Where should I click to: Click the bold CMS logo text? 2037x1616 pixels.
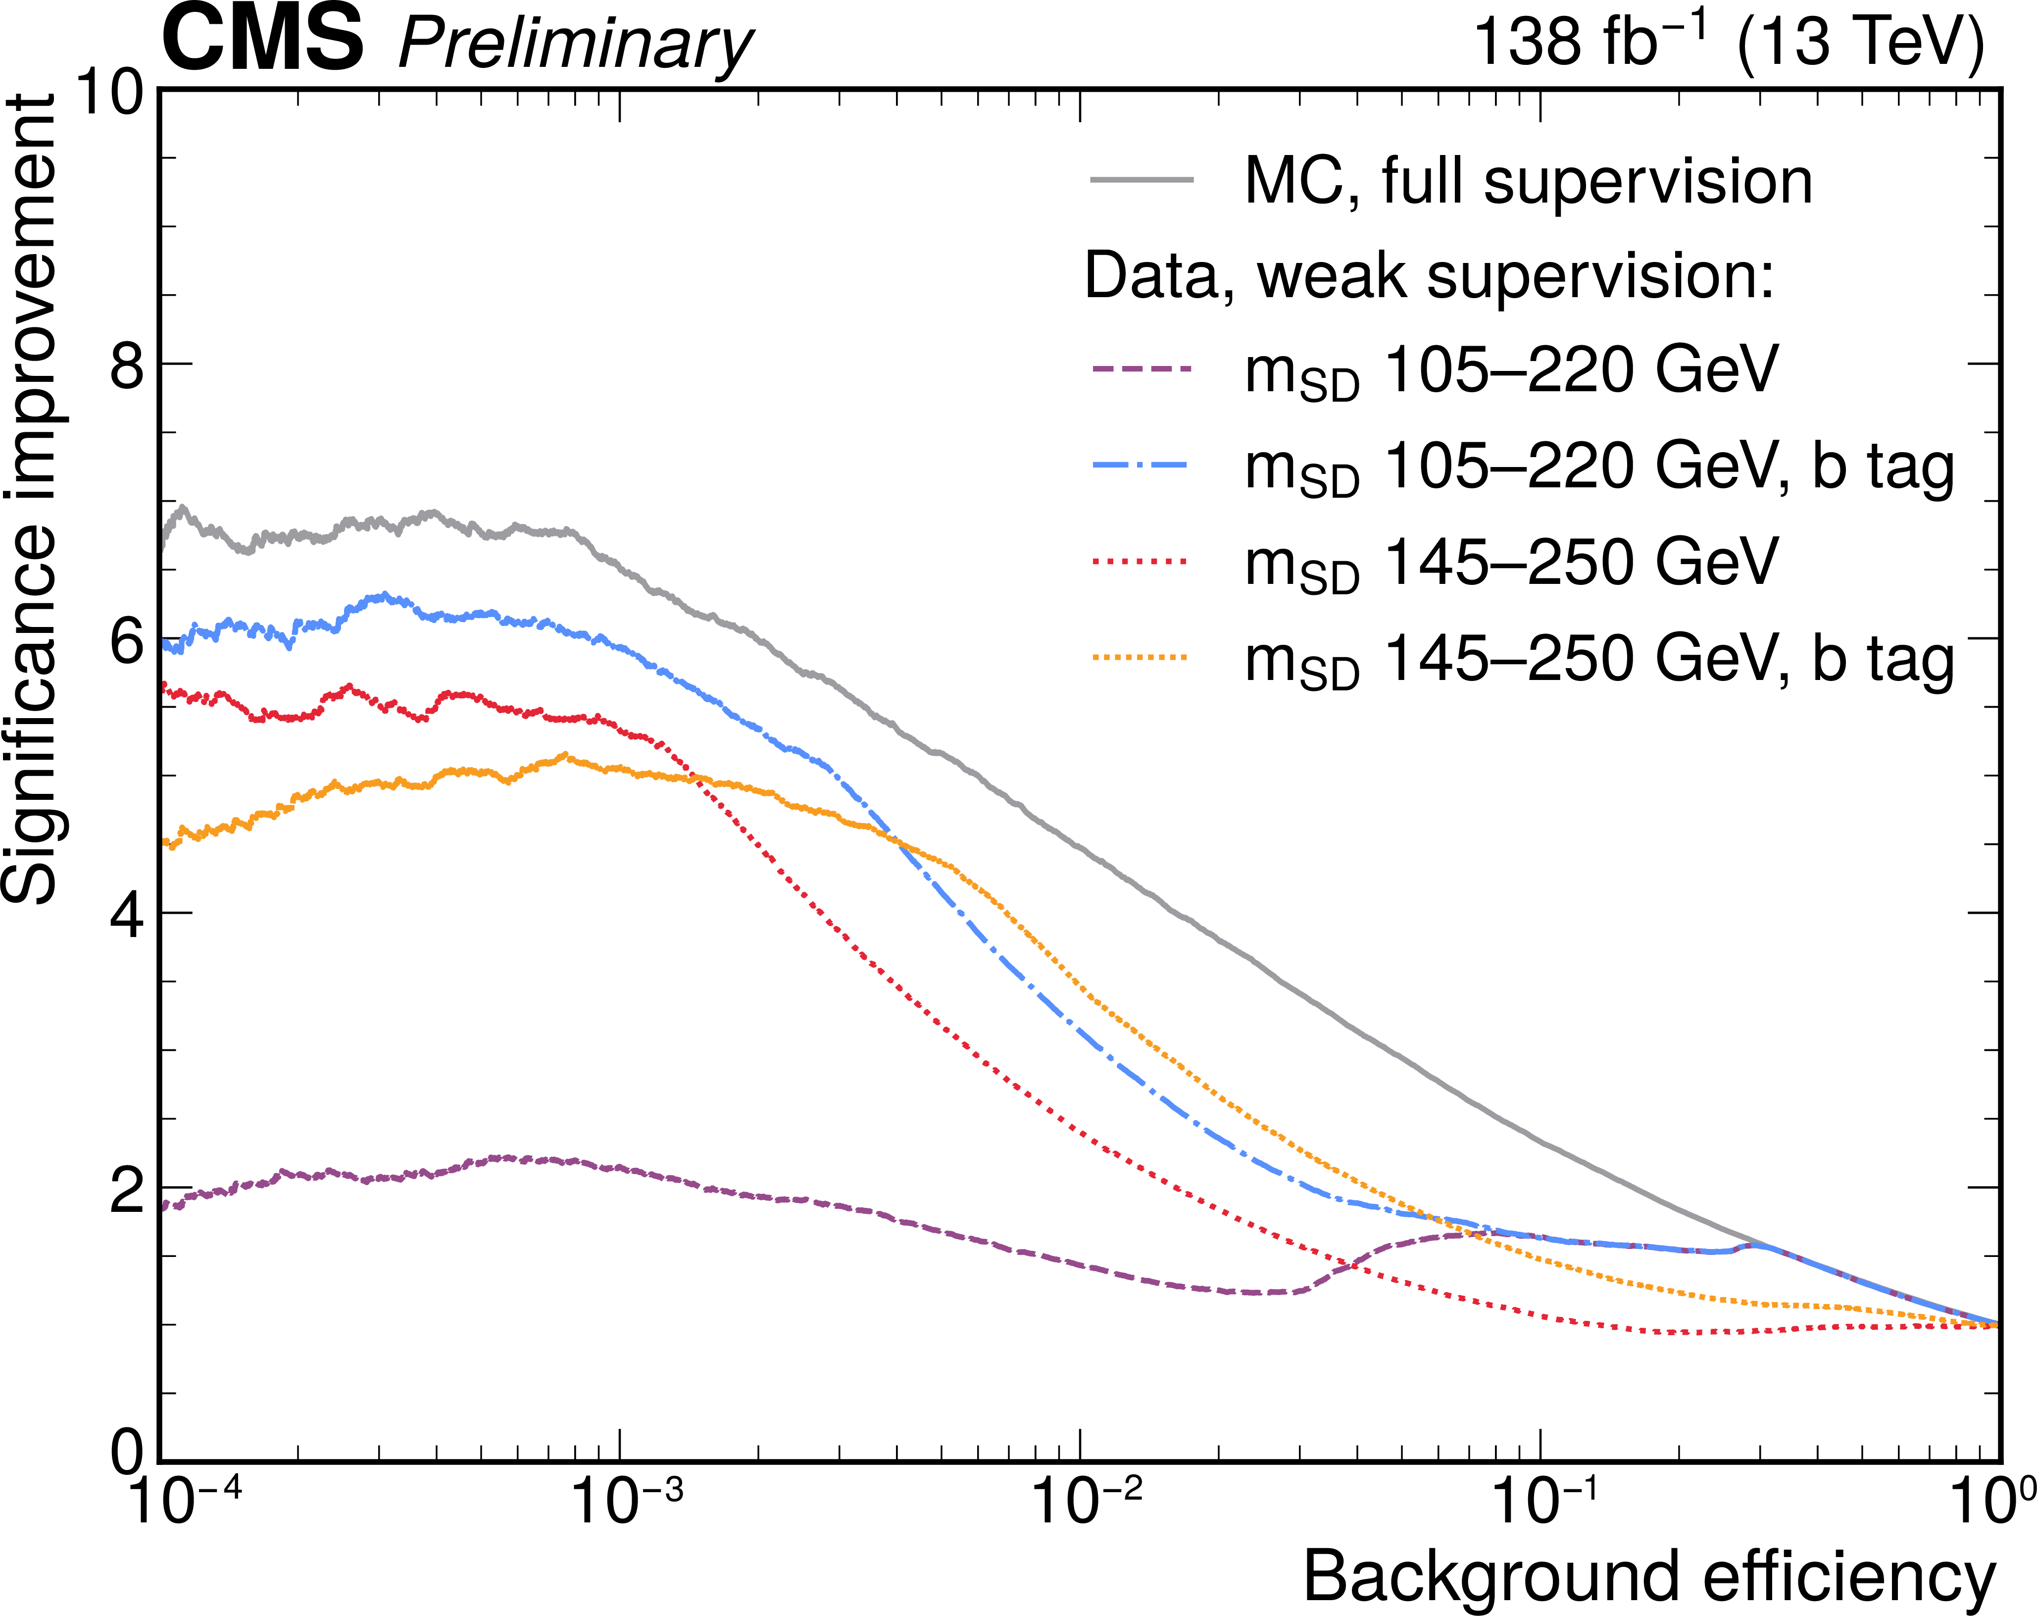[x=263, y=38]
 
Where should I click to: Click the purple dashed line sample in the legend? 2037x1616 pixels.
[x=1141, y=368]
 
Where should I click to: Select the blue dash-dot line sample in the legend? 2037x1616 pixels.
[x=1141, y=465]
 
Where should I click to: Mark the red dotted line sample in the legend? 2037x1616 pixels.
[x=1141, y=561]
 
